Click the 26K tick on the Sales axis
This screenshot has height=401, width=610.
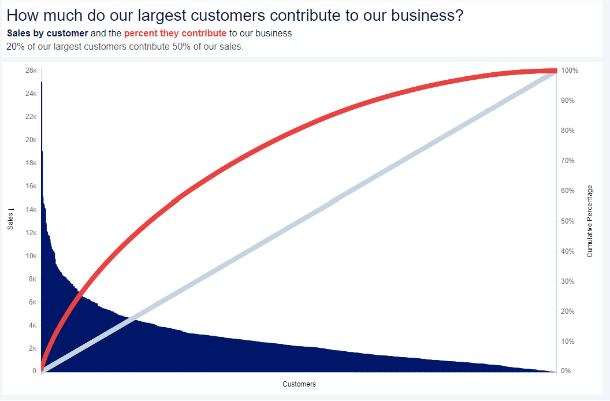[x=31, y=70]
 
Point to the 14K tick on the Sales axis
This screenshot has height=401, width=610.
[x=31, y=209]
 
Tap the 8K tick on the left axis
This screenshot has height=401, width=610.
[x=33, y=279]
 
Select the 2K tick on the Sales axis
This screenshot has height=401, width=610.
[x=33, y=348]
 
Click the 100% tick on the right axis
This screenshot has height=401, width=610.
[x=570, y=70]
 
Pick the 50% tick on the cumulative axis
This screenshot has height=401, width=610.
[x=568, y=221]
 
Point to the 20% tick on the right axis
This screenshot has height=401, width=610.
[x=568, y=311]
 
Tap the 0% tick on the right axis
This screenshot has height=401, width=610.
[x=566, y=371]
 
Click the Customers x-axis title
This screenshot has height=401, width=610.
[x=299, y=384]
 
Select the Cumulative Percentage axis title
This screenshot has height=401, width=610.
[x=590, y=221]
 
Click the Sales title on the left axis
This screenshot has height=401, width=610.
[x=10, y=219]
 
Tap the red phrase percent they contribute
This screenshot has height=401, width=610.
[x=175, y=34]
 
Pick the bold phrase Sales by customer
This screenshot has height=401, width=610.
[x=47, y=34]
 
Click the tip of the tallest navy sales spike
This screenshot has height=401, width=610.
[x=42, y=82]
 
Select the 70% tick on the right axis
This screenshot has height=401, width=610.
[x=568, y=161]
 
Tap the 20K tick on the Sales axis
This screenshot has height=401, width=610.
[x=31, y=140]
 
